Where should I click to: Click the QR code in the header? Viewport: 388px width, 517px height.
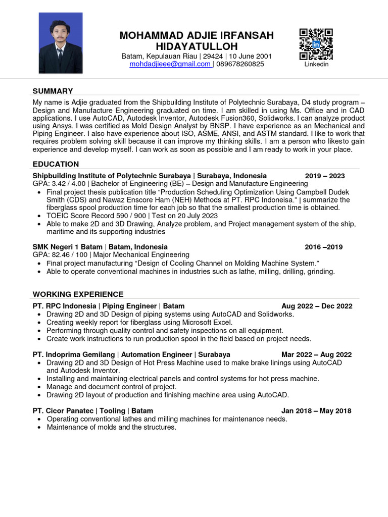pos(316,44)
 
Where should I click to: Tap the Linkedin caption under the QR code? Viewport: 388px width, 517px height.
pos(316,65)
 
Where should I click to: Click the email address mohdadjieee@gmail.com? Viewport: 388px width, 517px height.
pos(170,64)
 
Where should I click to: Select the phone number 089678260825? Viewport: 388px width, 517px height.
pos(240,64)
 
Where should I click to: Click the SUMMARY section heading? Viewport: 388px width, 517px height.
pos(53,91)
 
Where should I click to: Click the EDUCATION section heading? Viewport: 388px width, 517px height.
pos(56,164)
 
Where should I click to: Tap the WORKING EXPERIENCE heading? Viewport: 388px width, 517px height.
pos(78,294)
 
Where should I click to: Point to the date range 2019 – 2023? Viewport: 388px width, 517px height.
pos(325,176)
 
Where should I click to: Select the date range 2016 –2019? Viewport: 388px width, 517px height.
pos(323,247)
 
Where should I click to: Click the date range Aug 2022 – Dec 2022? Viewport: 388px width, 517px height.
pos(317,306)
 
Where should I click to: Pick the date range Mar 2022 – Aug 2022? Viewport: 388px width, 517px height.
pos(317,354)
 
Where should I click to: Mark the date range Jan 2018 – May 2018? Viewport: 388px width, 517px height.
pos(317,411)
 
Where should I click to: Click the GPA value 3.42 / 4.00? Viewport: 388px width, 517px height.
pos(68,184)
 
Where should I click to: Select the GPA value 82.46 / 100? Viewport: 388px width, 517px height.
pos(69,255)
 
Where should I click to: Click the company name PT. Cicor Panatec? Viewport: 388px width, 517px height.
pos(64,411)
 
